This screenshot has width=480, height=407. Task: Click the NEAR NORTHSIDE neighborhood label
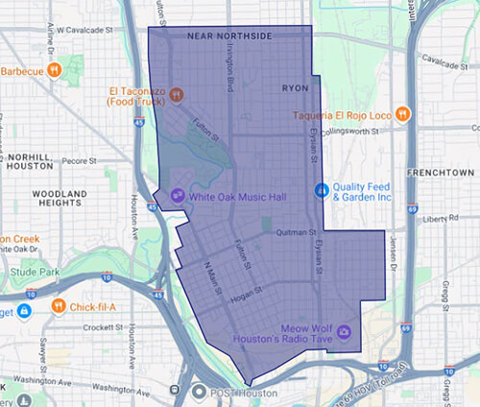pos(229,36)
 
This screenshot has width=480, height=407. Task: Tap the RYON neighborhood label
pos(296,87)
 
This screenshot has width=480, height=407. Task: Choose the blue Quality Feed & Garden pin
pos(322,188)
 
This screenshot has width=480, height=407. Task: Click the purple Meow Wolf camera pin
pos(345,332)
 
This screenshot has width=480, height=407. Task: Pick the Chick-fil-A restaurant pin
pos(59,306)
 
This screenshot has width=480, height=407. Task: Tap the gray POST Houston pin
pos(200,392)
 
